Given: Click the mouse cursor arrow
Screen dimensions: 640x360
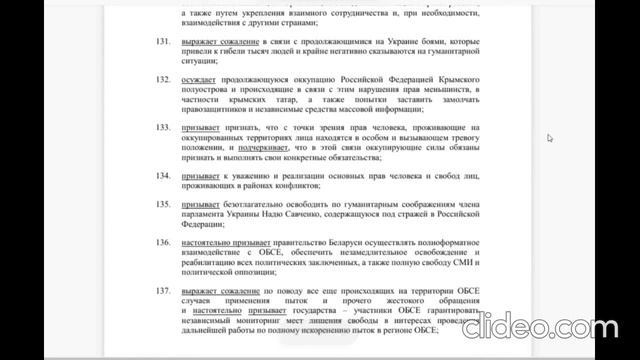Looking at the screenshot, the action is (x=550, y=139).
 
